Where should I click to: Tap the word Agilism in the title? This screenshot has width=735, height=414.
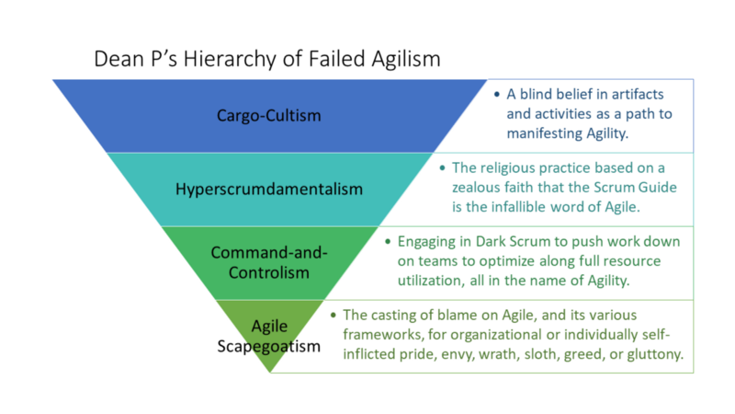[406, 60]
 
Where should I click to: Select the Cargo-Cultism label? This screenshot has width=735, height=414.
[268, 116]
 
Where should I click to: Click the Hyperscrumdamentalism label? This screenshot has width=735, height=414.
[269, 190]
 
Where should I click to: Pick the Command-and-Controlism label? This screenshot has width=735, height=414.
[269, 262]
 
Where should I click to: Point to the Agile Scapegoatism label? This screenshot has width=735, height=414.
[269, 336]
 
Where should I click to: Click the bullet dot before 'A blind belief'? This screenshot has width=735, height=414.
[497, 95]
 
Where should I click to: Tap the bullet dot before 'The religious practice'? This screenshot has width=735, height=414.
[442, 168]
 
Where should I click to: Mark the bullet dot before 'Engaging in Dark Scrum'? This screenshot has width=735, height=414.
[388, 242]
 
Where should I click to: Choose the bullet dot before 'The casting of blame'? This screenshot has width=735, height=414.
[334, 315]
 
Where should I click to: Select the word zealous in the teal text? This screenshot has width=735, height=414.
[476, 188]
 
